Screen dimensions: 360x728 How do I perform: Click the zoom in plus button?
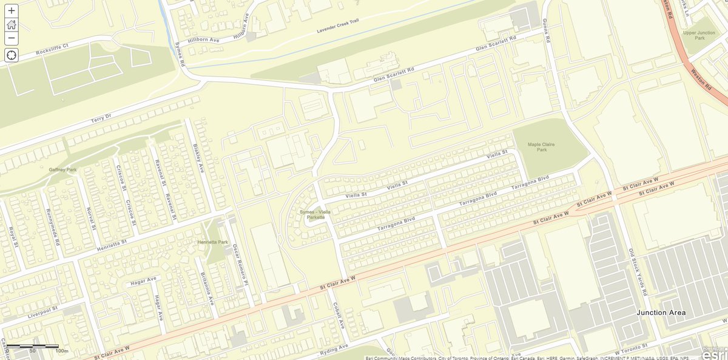point(12,10)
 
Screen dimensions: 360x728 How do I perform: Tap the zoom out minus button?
point(12,39)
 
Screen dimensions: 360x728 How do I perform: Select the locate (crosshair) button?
point(12,55)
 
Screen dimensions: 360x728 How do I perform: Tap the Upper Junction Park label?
point(702,35)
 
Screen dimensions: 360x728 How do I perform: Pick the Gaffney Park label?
point(63,169)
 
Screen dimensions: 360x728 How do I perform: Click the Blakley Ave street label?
point(197,155)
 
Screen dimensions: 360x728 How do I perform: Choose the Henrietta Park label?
point(212,242)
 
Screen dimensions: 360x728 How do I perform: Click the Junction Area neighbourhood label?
point(661,313)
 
